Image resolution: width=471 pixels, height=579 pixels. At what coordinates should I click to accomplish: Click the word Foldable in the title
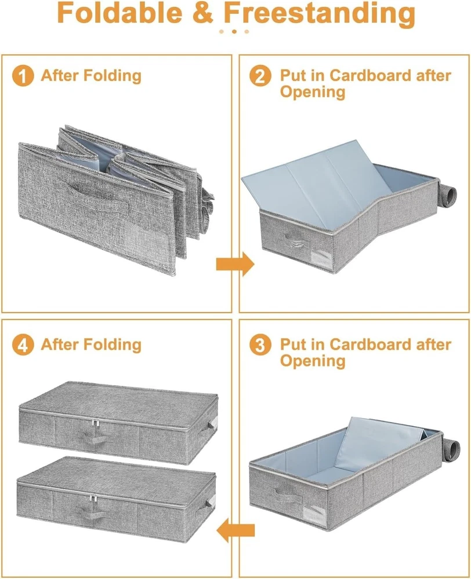pos(120,13)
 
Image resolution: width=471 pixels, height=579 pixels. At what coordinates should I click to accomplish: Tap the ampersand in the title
pos(203,13)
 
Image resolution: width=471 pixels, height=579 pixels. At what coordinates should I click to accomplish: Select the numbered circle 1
pos(23,76)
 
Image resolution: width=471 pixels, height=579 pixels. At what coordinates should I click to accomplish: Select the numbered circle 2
pos(260,76)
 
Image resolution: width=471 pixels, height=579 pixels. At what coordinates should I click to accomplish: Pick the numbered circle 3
pos(260,345)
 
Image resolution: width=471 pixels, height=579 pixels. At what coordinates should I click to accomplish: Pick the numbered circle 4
pos(23,345)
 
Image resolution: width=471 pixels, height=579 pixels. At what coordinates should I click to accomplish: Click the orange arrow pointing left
pos(236,530)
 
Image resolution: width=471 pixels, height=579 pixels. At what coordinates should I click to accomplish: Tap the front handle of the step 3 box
pos(288,497)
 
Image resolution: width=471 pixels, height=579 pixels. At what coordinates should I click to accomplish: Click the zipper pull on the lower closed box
pos(92,499)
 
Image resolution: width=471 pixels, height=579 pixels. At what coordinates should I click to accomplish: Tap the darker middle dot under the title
pos(234,32)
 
